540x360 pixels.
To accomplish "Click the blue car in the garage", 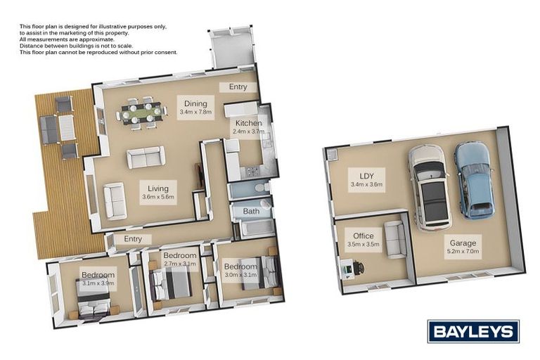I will point(472,179).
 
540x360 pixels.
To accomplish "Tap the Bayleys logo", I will point(473,331).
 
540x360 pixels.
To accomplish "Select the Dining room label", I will point(195,103).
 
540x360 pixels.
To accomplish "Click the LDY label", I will point(366,176).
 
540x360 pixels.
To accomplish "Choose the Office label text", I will point(364,236).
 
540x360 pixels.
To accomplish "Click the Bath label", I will point(251,211).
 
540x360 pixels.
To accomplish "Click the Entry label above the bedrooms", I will point(133,239).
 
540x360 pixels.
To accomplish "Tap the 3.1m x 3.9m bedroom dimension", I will point(98,283).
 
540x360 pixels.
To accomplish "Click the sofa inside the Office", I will point(396,239).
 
